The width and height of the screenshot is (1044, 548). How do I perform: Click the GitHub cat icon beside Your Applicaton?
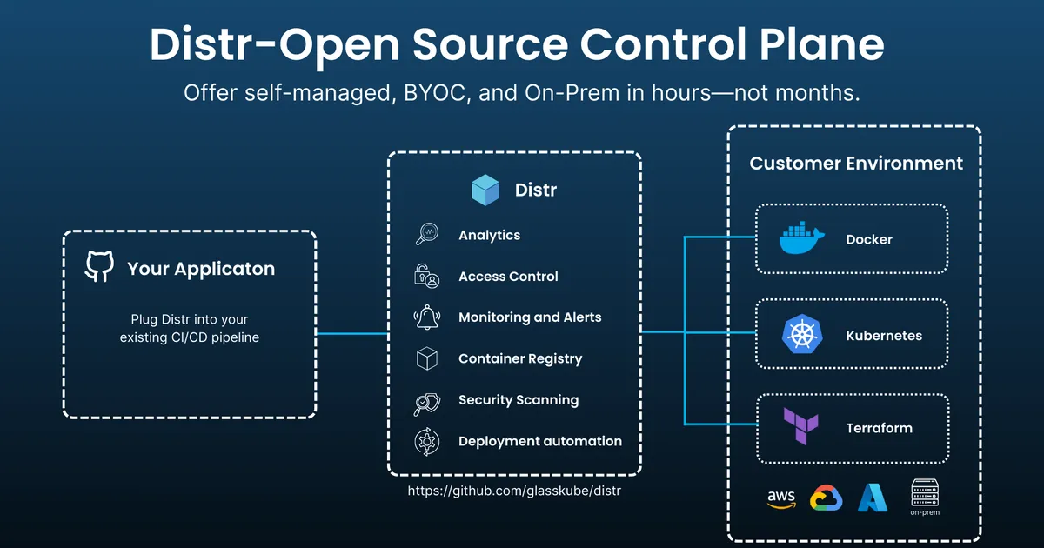pos(99,267)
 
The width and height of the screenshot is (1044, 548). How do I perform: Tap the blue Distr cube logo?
pos(485,190)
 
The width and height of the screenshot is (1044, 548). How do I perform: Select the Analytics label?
pos(489,235)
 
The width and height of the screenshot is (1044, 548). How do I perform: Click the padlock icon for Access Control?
pos(426,276)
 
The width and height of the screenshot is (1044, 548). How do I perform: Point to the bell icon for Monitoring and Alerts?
pos(426,317)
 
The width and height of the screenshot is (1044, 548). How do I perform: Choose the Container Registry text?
pos(520,358)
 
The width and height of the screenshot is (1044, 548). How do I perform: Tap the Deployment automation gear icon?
pos(426,442)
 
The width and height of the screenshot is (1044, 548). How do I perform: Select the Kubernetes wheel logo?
pos(798,335)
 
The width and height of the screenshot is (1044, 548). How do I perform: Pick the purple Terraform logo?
pos(798,427)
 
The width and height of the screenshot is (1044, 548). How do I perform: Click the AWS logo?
pos(781,498)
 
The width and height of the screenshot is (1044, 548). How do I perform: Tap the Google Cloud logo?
pos(826,498)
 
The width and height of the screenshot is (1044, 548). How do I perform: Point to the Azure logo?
pos(873,498)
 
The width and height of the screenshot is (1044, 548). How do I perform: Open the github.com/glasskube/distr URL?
pos(514,491)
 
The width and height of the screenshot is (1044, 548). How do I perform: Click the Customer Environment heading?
pos(856,164)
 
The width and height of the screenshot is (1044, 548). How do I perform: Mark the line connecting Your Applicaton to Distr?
pos(351,333)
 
